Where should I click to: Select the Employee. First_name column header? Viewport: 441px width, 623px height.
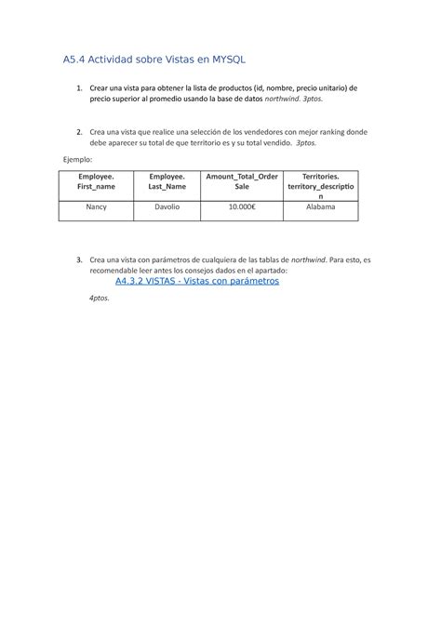click(x=97, y=181)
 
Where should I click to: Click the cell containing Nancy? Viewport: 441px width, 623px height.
click(x=97, y=208)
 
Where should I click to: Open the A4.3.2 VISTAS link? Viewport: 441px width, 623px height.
click(x=196, y=280)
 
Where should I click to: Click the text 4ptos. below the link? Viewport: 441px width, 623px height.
click(x=99, y=298)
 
